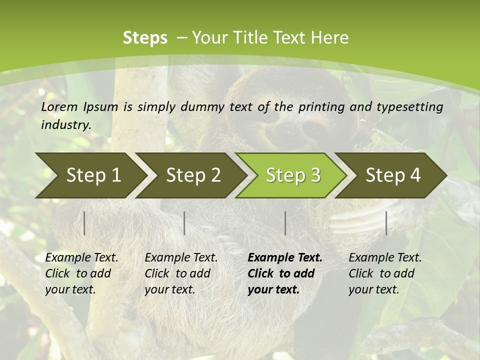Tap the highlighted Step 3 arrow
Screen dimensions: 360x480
coord(293,175)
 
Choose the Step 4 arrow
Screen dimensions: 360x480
coord(393,175)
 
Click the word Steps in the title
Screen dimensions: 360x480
coord(145,37)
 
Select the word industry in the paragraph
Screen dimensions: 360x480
coord(65,124)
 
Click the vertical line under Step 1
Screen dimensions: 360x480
coord(84,223)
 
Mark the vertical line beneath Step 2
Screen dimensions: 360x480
coord(184,223)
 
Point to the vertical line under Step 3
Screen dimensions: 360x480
coord(285,223)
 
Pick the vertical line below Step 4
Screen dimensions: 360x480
coord(386,223)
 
